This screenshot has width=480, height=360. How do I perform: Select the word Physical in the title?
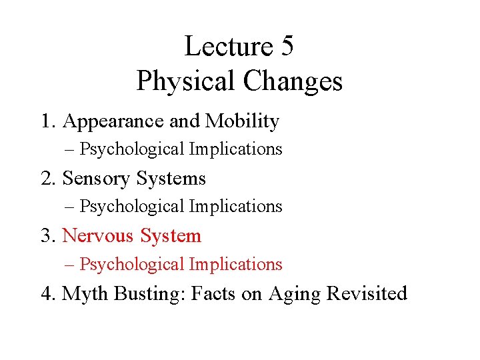[x=186, y=81]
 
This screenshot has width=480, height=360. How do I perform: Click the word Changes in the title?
[x=293, y=81]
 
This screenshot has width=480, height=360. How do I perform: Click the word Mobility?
[x=242, y=121]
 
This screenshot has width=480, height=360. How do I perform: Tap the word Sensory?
[x=96, y=179]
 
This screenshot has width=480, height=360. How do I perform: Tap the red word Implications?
[x=235, y=265]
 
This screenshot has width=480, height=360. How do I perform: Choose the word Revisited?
[x=367, y=294]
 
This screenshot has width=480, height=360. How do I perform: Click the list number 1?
[x=46, y=121]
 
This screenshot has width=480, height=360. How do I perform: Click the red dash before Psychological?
[x=70, y=265]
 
